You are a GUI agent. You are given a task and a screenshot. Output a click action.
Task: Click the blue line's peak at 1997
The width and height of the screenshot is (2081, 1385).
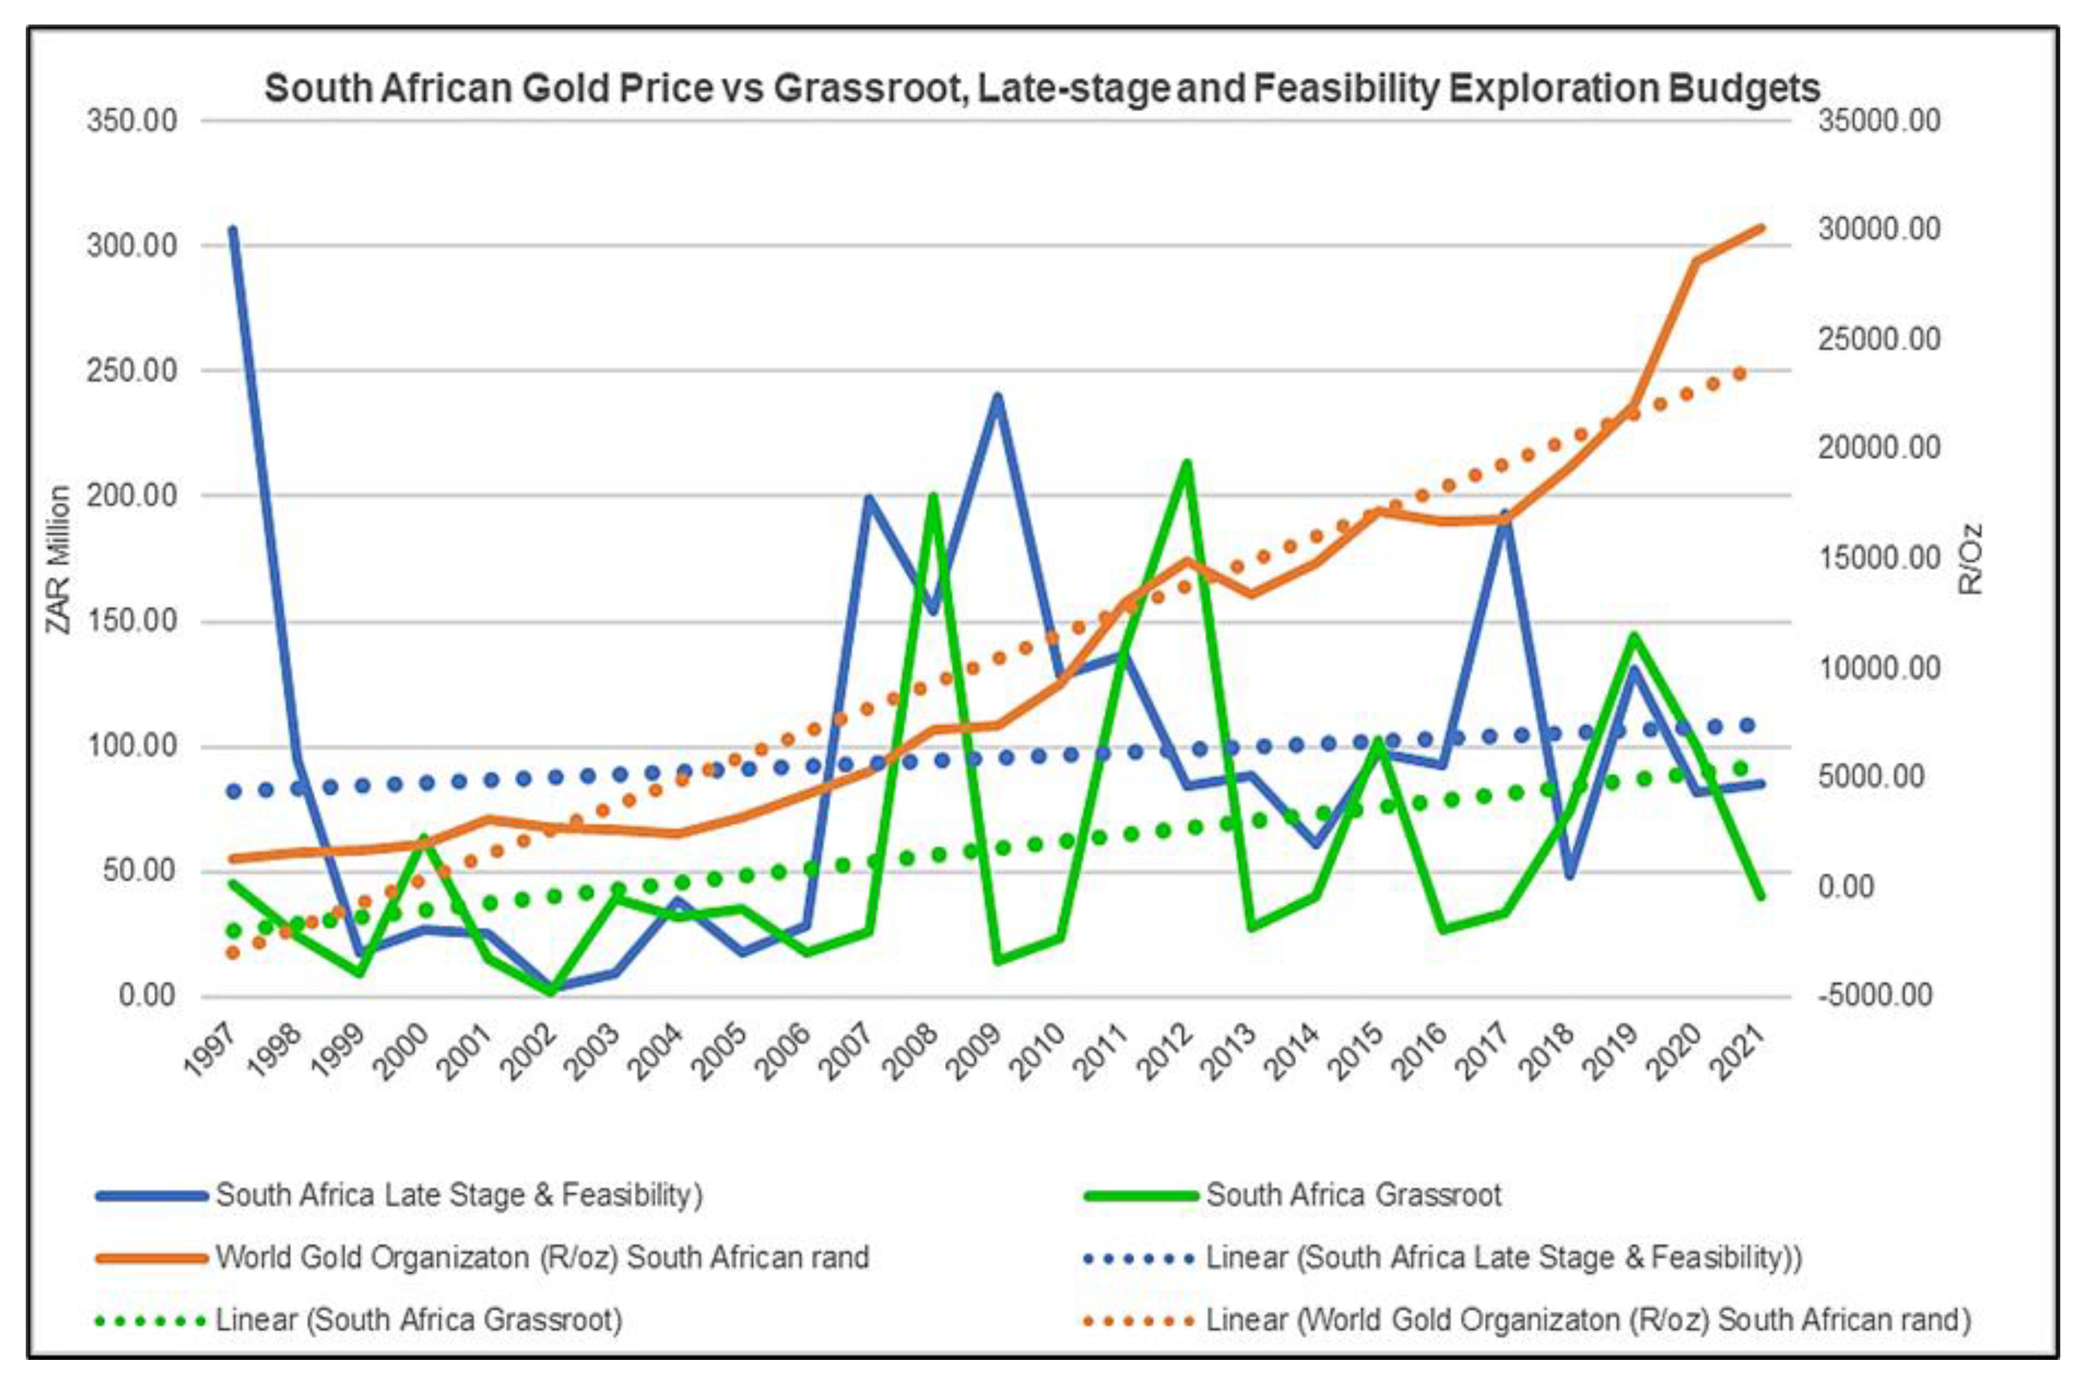point(232,229)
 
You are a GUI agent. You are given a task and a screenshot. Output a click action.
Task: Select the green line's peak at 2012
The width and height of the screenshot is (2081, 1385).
point(1188,463)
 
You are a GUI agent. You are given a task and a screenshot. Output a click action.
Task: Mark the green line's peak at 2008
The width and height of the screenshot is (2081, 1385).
point(933,496)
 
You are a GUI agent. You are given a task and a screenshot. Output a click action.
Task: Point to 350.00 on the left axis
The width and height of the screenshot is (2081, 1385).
point(131,121)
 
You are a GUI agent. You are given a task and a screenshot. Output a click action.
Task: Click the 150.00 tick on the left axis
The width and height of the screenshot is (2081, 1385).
point(131,621)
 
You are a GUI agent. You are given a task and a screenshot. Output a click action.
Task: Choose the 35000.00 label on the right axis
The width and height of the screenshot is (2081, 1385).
point(1879,121)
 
